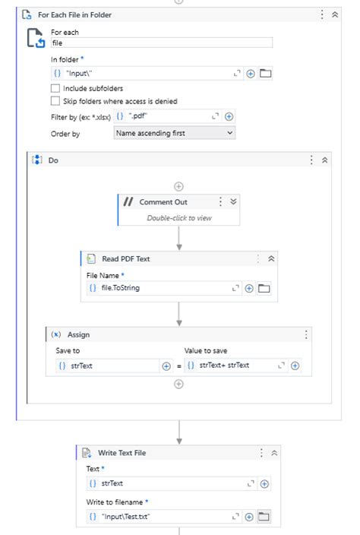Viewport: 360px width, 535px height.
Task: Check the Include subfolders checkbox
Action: (55, 88)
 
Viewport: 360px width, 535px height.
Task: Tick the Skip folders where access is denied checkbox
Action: (55, 100)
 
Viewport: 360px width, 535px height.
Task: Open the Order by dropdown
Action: (175, 133)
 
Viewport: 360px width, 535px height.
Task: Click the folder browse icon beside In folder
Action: (265, 74)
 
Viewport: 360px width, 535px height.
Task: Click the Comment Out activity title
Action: (163, 202)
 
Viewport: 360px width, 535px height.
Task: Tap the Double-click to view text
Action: (179, 217)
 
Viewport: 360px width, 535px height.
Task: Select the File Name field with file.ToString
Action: (159, 288)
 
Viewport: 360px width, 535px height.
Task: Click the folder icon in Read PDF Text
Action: (264, 288)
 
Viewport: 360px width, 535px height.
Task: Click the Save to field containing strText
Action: (106, 366)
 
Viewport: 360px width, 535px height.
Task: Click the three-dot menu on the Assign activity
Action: (306, 334)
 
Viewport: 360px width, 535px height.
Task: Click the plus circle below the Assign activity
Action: (179, 384)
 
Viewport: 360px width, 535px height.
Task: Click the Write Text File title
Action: (122, 453)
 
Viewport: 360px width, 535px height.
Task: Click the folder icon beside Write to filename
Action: (264, 517)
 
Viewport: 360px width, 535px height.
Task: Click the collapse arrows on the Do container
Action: (324, 160)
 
